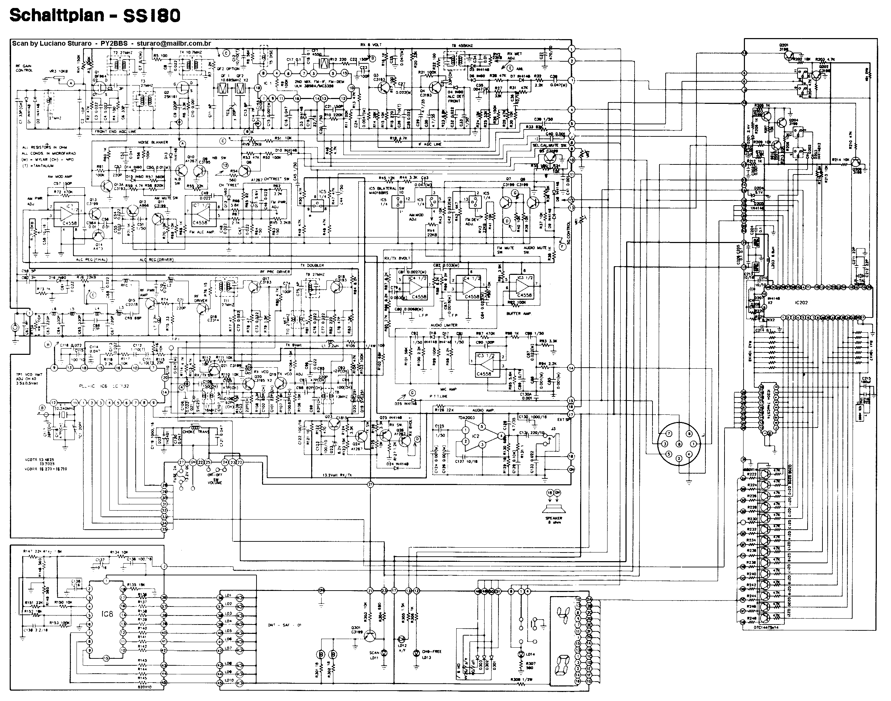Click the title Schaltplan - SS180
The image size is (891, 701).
pyautogui.click(x=94, y=16)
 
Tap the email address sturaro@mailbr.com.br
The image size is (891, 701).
pyautogui.click(x=174, y=43)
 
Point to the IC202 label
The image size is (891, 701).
pyautogui.click(x=800, y=303)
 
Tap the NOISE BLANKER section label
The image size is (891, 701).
pyautogui.click(x=153, y=142)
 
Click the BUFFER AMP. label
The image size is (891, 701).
pyautogui.click(x=520, y=314)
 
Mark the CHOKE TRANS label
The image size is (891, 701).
pyautogui.click(x=196, y=432)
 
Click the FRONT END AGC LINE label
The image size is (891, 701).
pyautogui.click(x=116, y=132)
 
